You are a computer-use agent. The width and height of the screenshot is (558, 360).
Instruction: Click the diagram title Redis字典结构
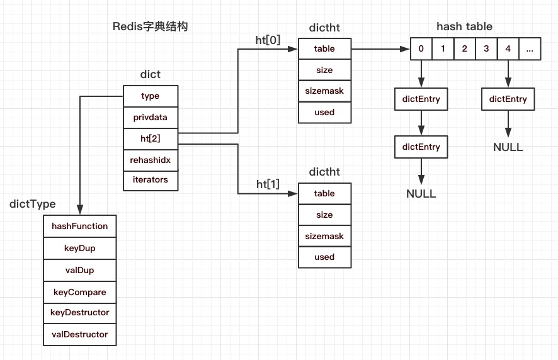tap(150, 26)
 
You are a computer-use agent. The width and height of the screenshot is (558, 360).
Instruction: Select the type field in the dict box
tap(151, 96)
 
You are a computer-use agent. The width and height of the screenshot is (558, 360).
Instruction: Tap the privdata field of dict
tap(151, 117)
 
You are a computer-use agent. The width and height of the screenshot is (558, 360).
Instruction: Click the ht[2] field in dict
tap(151, 138)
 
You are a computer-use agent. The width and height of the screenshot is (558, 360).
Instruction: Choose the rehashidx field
tap(151, 160)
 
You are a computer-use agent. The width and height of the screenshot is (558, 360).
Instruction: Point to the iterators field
tap(151, 180)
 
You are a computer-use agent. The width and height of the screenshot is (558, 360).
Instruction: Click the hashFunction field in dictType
tap(80, 227)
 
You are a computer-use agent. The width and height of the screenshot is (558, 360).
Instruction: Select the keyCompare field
tap(80, 292)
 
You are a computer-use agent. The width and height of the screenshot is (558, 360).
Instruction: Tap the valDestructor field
tap(80, 335)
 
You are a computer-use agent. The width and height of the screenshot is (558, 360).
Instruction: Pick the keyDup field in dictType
tap(80, 249)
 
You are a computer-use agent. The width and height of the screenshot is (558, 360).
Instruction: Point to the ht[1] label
tap(268, 184)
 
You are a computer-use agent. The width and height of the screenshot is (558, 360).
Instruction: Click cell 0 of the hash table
tap(421, 48)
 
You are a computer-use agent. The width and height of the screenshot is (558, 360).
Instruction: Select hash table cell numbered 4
tap(508, 48)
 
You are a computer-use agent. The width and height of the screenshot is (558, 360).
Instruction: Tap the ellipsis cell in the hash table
tap(530, 48)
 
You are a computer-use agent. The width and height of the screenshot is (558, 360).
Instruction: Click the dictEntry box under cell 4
tap(508, 99)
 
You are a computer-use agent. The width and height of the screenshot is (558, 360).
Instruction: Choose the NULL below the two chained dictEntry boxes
tap(421, 194)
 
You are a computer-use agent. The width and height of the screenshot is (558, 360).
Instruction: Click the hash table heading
tap(464, 26)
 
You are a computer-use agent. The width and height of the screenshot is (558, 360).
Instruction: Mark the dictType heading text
tap(33, 204)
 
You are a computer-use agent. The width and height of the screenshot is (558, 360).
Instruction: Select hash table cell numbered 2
tap(464, 48)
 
